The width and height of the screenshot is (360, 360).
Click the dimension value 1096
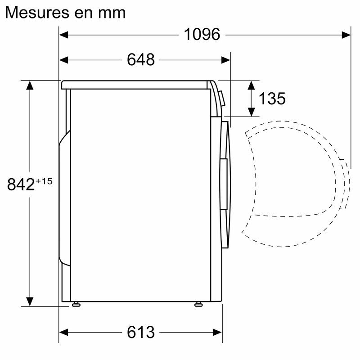coord(202,34)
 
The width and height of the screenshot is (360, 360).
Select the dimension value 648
coord(140,59)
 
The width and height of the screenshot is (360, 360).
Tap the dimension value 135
coord(272,98)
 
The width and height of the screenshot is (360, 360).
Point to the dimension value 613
coord(140,332)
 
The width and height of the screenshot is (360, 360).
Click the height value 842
coord(21,184)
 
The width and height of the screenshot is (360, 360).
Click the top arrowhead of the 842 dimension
coord(30,85)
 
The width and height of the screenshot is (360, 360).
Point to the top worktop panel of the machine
coord(135,84)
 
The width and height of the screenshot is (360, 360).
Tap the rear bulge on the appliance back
coord(64,198)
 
